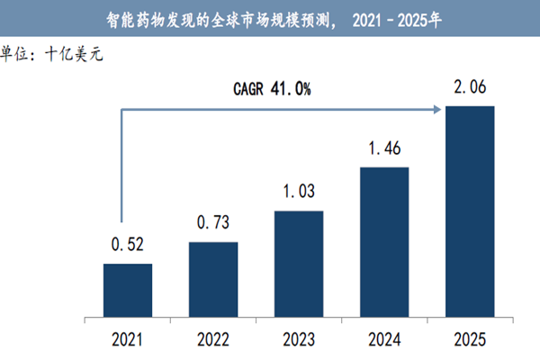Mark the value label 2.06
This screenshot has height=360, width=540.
[x=470, y=87]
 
